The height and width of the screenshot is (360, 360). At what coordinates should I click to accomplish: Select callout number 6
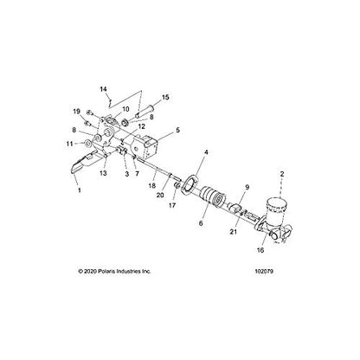[202, 223]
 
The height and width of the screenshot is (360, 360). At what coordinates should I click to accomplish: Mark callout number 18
[152, 186]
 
